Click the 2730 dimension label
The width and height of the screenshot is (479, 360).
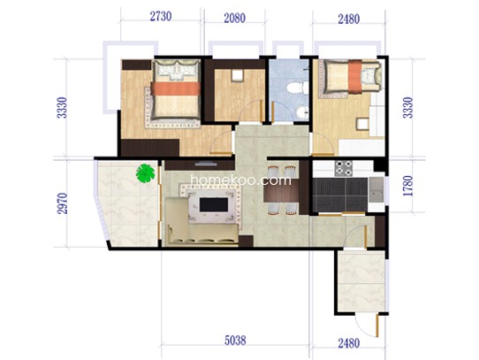(x=160, y=16)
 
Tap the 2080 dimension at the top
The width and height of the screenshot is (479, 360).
(x=234, y=18)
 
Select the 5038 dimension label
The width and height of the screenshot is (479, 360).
(x=235, y=341)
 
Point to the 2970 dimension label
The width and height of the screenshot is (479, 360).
(x=62, y=203)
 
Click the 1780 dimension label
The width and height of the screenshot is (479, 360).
(x=407, y=186)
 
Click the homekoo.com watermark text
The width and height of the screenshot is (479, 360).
(x=241, y=180)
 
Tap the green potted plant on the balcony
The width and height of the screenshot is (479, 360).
(x=145, y=173)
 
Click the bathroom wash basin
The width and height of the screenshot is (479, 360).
(x=302, y=112)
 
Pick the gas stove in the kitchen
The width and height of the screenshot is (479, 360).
(x=344, y=168)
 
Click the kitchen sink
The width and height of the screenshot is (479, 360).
(x=376, y=189)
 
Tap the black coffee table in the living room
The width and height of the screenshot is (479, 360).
(x=214, y=204)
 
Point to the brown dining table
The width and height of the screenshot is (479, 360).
(x=281, y=190)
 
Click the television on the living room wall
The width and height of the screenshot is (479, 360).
(x=206, y=165)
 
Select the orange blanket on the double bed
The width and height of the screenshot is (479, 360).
(x=176, y=88)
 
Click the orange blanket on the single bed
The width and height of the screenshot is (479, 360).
(x=355, y=76)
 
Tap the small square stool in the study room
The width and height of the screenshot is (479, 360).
(x=237, y=75)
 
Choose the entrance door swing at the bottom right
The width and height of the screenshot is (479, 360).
(x=369, y=327)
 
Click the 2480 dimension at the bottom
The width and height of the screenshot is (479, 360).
(x=349, y=343)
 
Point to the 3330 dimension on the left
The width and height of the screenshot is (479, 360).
(x=62, y=108)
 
